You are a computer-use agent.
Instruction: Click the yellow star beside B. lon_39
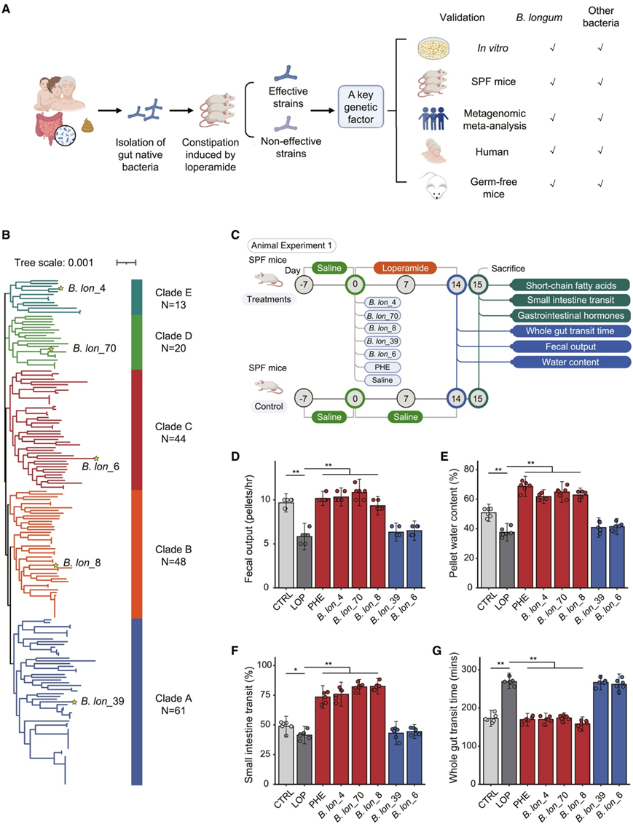pos(74,702)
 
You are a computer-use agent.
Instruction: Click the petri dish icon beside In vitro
pos(436,49)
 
